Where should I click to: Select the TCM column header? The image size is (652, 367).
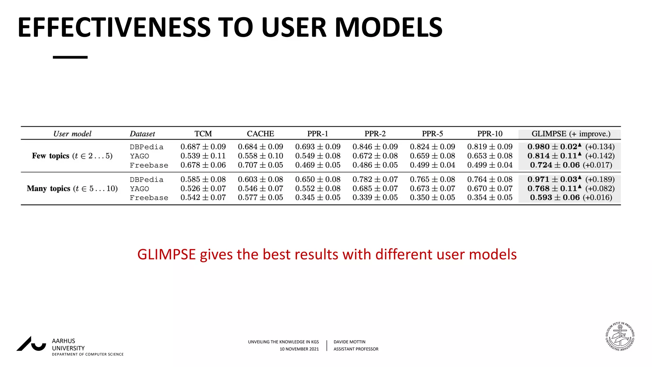[x=203, y=134]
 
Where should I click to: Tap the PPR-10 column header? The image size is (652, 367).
[x=490, y=134]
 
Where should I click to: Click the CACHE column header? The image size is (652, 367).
[x=260, y=134]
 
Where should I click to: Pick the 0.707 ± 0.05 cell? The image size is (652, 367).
[x=260, y=165]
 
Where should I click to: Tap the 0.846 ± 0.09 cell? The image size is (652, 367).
[x=375, y=147]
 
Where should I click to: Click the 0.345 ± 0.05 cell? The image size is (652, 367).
[x=318, y=198]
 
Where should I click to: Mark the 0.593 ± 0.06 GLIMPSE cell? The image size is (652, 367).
[x=555, y=198]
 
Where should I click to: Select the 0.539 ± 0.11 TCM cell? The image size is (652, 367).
[x=203, y=156]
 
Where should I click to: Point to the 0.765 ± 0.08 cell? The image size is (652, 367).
[x=432, y=179]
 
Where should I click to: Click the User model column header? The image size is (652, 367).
[x=72, y=134]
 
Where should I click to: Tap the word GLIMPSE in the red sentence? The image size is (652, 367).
[x=166, y=255]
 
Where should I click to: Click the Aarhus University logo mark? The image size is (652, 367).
[x=31, y=344]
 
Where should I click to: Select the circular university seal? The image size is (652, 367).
[x=620, y=336]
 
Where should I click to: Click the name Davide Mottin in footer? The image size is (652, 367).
[x=349, y=342]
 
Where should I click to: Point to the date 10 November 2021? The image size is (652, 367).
[x=299, y=349]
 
